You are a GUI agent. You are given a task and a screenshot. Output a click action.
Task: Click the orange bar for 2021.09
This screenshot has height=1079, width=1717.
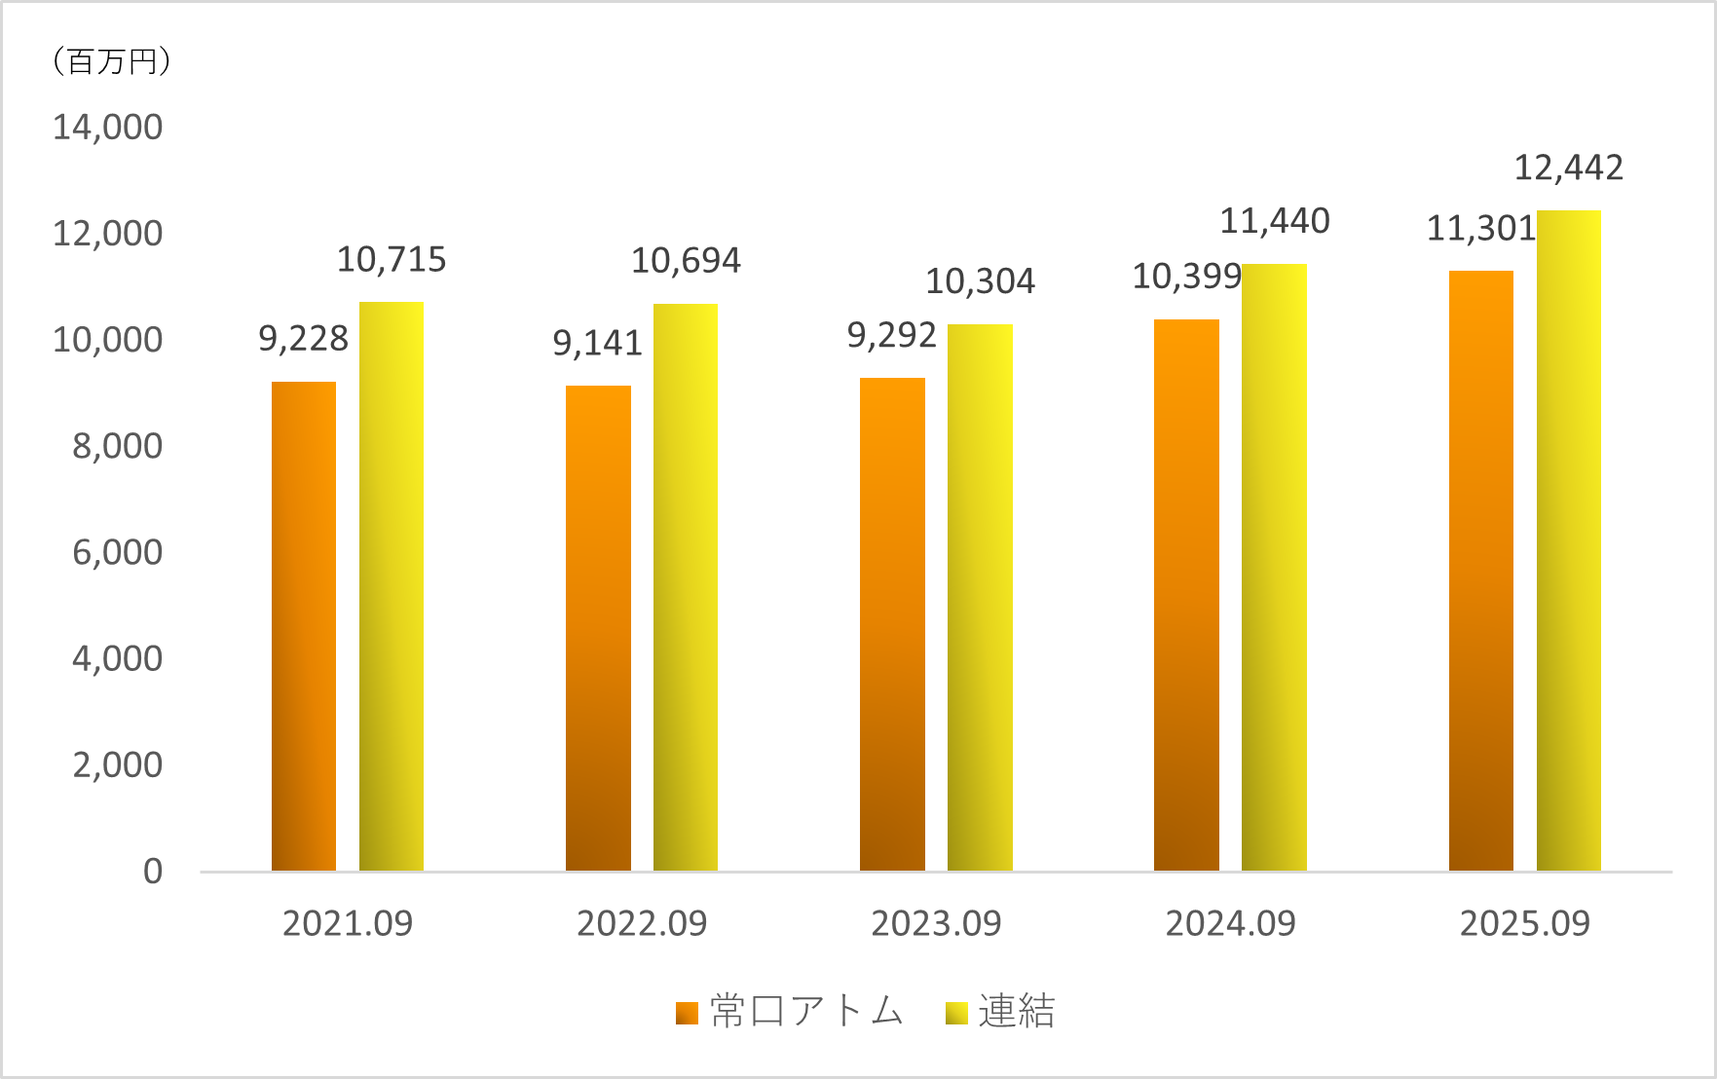click(x=304, y=626)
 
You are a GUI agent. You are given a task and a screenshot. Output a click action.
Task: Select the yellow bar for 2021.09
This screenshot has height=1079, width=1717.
click(x=392, y=586)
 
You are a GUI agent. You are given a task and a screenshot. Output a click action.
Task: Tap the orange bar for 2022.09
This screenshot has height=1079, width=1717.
click(x=598, y=628)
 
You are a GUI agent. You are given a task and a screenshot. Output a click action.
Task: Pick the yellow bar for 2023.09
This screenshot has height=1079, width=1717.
click(x=980, y=597)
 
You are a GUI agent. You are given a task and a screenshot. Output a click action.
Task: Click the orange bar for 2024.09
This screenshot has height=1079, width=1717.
click(x=1186, y=595)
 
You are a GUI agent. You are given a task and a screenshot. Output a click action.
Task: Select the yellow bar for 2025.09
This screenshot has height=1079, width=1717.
click(x=1568, y=540)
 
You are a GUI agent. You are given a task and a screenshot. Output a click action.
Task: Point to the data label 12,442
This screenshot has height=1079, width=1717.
click(x=1568, y=168)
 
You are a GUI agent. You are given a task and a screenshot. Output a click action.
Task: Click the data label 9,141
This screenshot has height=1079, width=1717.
click(x=597, y=343)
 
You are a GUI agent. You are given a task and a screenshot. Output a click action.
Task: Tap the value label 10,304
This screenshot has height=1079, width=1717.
click(x=980, y=281)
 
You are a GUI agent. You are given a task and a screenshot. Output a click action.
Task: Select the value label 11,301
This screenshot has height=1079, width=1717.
click(x=1480, y=229)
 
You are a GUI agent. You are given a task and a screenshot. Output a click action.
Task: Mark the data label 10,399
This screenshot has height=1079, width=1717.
click(x=1186, y=278)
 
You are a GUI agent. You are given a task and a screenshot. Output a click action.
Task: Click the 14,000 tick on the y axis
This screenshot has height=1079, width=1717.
click(x=107, y=128)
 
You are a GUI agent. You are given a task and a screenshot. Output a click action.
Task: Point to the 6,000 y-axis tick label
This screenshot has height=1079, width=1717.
click(x=117, y=552)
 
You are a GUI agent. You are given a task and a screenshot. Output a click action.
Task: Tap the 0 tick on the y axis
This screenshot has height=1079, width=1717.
click(x=153, y=872)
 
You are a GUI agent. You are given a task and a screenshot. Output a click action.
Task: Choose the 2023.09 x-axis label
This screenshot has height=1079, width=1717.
click(x=936, y=923)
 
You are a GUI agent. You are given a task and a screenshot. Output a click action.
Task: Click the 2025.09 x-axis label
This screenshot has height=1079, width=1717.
click(x=1524, y=923)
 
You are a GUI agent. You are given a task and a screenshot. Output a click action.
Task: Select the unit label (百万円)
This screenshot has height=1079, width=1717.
click(x=110, y=61)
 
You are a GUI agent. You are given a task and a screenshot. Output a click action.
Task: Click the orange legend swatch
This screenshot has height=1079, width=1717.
click(x=687, y=1014)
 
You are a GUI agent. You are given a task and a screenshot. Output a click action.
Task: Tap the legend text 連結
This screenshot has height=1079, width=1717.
click(x=1017, y=1012)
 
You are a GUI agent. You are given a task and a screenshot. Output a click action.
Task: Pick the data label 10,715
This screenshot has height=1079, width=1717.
click(x=392, y=260)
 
